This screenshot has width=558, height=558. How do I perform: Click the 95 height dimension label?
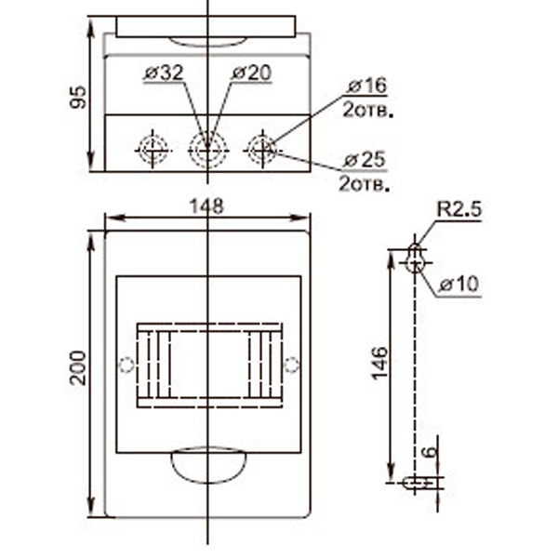[x=80, y=96]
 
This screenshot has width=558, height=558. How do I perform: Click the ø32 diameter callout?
[x=164, y=73]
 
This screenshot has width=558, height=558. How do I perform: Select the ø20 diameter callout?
[x=250, y=73]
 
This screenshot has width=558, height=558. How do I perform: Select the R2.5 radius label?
[x=458, y=210]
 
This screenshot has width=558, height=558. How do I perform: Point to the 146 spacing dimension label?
[x=379, y=364]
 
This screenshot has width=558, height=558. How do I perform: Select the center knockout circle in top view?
[x=207, y=149]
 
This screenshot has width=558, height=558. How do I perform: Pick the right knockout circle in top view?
[x=262, y=149]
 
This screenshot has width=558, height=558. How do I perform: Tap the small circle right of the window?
[x=290, y=365]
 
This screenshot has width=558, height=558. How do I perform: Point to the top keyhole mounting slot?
[x=415, y=259]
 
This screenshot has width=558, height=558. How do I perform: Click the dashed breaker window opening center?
[x=209, y=365]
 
